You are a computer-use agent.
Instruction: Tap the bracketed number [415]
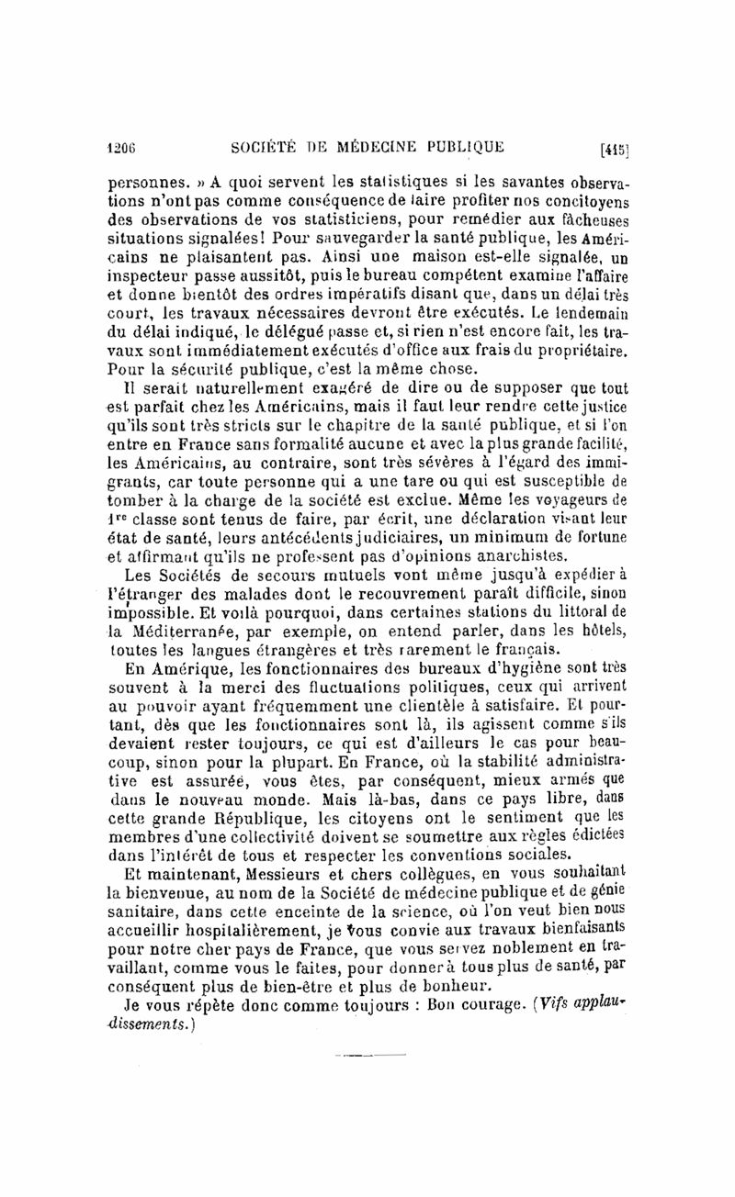614,149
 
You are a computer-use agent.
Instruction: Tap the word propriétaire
581,352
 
